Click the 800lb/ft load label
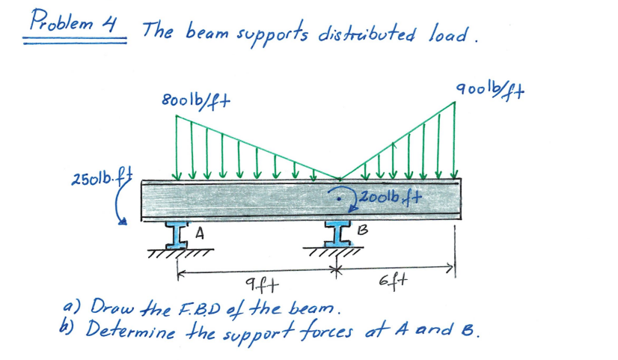click(x=195, y=100)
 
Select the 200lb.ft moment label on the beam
click(x=391, y=198)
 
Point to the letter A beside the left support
click(x=200, y=234)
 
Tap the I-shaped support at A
click(x=179, y=234)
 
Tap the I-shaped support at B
click(x=338, y=234)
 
